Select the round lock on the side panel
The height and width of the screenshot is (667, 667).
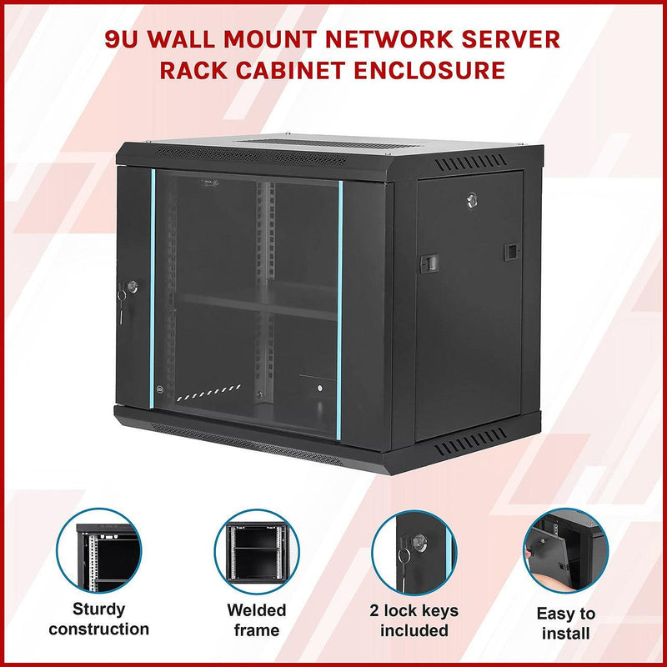(472, 199)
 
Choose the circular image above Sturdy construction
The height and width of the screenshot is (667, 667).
(98, 551)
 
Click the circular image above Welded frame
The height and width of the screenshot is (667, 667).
(257, 551)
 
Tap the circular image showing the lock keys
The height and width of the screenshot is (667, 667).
(414, 551)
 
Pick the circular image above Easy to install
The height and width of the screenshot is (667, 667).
(566, 551)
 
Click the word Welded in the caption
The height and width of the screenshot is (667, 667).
(257, 609)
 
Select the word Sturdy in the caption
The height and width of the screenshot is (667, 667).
(98, 609)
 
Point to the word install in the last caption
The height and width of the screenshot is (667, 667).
(565, 634)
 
